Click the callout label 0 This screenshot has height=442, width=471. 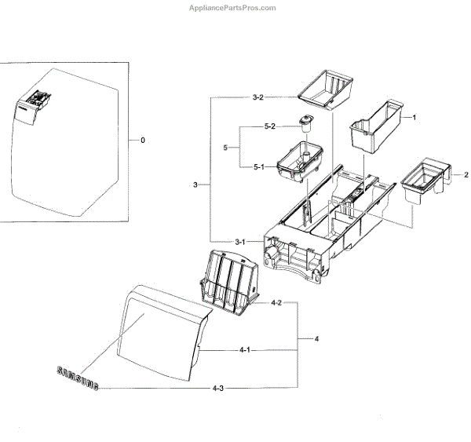click(x=142, y=141)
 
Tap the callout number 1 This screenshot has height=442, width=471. click(x=414, y=117)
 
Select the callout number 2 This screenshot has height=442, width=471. click(x=466, y=174)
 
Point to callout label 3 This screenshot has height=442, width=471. click(x=195, y=184)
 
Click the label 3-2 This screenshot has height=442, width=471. click(x=257, y=97)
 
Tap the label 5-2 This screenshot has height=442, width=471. click(x=269, y=127)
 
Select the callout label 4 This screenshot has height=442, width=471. click(x=316, y=339)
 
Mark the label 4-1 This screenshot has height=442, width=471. click(x=244, y=349)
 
